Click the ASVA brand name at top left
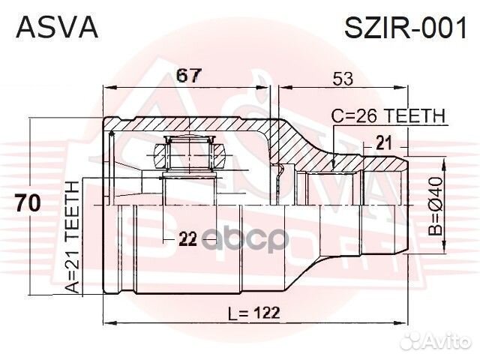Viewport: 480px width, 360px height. (57, 28)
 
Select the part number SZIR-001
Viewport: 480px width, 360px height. (405, 28)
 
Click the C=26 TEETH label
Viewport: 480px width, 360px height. (389, 115)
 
